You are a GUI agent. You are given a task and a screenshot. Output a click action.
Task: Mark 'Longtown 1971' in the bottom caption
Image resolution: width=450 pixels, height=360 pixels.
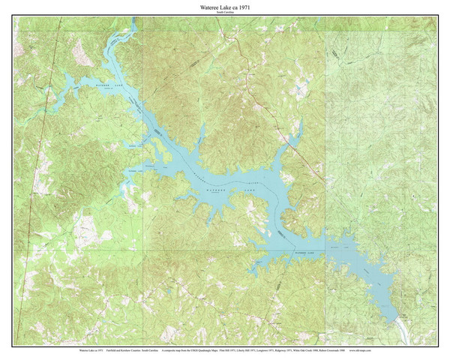pyautogui.click(x=268, y=349)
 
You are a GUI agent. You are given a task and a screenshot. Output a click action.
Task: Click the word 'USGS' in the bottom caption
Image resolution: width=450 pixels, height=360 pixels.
pyautogui.click(x=190, y=349)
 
